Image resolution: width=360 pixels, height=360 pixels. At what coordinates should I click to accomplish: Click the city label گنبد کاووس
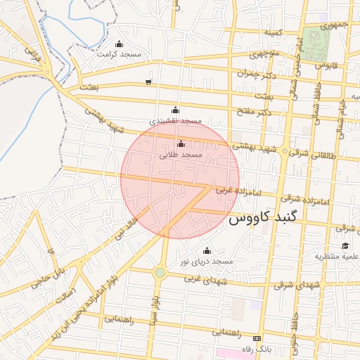(x=263, y=218)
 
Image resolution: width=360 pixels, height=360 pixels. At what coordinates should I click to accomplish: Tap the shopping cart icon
(x=148, y=82)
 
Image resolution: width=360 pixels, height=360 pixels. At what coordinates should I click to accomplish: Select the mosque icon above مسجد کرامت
(x=119, y=44)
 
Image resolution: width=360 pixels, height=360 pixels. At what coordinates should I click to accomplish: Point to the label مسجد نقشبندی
(x=181, y=121)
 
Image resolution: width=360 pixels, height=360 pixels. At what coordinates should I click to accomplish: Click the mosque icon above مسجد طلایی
(x=181, y=144)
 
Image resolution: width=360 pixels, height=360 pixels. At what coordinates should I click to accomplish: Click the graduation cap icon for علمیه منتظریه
(x=345, y=245)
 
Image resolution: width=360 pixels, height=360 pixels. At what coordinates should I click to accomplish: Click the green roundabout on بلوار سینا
(x=160, y=272)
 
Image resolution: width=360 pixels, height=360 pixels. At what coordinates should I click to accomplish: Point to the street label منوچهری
(x=265, y=53)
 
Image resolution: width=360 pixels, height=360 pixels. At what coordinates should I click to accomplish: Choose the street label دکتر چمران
(x=253, y=72)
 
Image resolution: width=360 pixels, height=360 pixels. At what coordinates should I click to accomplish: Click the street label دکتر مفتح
(x=255, y=112)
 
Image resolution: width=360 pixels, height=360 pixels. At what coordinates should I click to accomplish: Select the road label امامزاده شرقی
(x=309, y=200)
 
